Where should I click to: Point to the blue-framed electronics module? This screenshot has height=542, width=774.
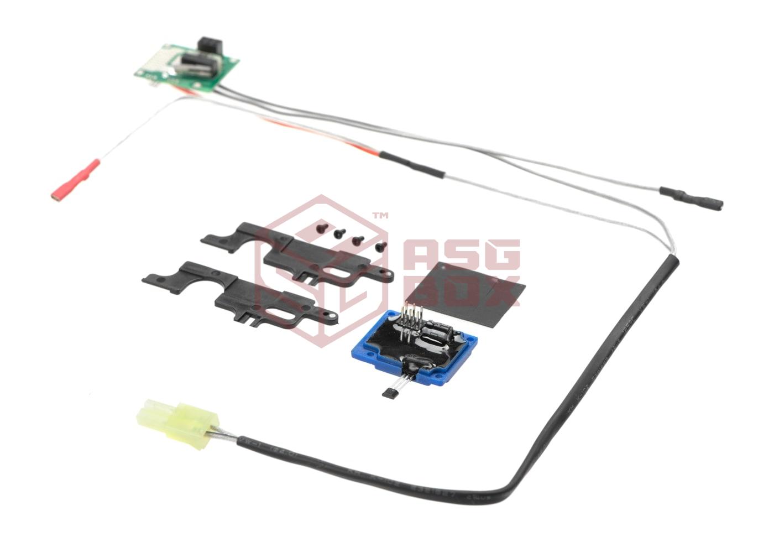tap(414, 348)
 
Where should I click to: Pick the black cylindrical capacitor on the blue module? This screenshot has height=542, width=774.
tap(438, 335)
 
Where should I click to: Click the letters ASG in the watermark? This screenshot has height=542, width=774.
tap(462, 256)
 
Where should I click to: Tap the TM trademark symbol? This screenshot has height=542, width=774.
tap(380, 216)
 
